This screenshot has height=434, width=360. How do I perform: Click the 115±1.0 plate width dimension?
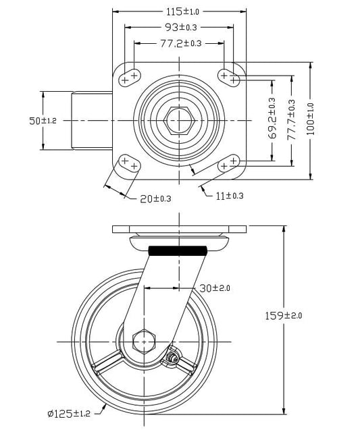click(x=182, y=11)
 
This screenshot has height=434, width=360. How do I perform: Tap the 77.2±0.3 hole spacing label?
click(x=181, y=43)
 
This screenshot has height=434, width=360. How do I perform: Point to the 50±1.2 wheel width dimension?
click(x=43, y=121)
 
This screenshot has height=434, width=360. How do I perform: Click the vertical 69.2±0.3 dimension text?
click(x=272, y=118)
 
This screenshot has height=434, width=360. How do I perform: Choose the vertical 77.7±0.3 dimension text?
click(x=291, y=120)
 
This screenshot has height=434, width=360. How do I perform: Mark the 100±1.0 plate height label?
click(x=311, y=119)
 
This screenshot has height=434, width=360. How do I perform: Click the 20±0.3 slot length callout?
click(x=155, y=198)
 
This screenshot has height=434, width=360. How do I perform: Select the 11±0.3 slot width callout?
click(x=230, y=196)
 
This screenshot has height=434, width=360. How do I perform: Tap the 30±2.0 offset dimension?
click(x=215, y=288)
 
